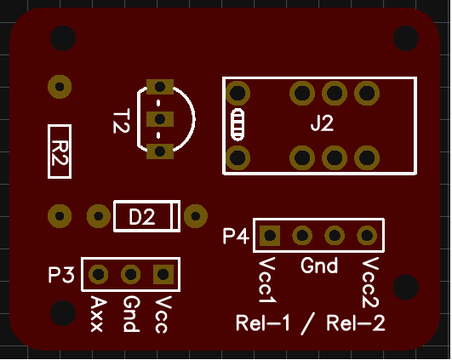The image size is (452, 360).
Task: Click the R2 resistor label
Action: coord(60,152)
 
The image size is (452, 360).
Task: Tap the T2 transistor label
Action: coord(121,121)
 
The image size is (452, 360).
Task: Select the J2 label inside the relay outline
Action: coord(322,123)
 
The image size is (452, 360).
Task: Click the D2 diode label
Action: coord(142,217)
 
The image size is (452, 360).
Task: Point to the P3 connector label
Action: coord(61,274)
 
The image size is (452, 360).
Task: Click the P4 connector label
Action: coord(236,236)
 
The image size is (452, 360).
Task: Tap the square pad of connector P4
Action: coord(270,236)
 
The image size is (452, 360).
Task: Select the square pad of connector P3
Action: coord(163,274)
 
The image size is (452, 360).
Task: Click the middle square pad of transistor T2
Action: coord(160,119)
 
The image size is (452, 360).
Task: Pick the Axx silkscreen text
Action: coord(97,314)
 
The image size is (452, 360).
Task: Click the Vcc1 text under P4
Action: coord(267,280)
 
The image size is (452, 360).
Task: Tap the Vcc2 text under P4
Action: coord(370,283)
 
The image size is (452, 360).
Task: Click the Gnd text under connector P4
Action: coord(319,266)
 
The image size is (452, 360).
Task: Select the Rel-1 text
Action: coord(263,323)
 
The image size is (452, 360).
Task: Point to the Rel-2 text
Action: coord(356,323)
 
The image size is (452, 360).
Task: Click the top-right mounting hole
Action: coord(405,38)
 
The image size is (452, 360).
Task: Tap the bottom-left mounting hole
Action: coord(63,313)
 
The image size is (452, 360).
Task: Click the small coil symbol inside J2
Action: coord(237,125)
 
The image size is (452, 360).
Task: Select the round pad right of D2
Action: coord(196,216)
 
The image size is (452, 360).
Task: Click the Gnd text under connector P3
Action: coord(131,314)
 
